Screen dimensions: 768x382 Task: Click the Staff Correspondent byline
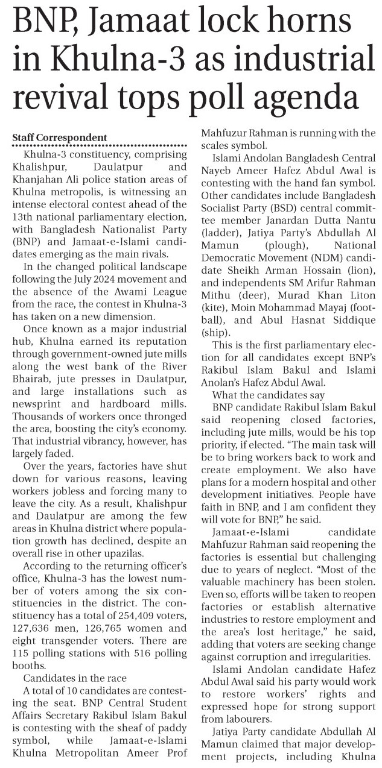click(x=60, y=138)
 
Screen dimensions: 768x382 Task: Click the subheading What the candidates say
click(x=267, y=394)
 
